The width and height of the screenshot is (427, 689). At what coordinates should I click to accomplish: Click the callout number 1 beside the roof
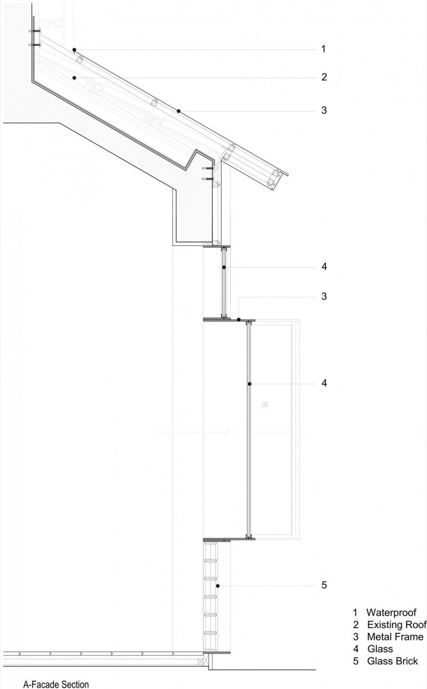pyautogui.click(x=323, y=49)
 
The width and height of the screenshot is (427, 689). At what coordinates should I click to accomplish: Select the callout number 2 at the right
pyautogui.click(x=324, y=77)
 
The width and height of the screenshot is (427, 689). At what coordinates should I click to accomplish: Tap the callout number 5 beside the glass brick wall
pyautogui.click(x=324, y=585)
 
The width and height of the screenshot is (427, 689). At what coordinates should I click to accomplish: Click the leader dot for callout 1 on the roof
pyautogui.click(x=74, y=49)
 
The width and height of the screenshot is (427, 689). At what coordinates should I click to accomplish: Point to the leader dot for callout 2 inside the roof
pyautogui.click(x=74, y=78)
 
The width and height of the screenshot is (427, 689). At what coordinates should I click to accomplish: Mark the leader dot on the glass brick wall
pyautogui.click(x=218, y=586)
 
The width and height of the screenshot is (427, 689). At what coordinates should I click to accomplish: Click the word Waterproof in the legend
pyautogui.click(x=391, y=613)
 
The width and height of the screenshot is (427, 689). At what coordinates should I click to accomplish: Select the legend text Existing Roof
pyautogui.click(x=397, y=625)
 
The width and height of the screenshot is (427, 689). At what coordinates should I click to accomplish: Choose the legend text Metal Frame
pyautogui.click(x=395, y=637)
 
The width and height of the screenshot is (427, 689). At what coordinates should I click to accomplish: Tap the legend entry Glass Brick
pyautogui.click(x=392, y=661)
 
